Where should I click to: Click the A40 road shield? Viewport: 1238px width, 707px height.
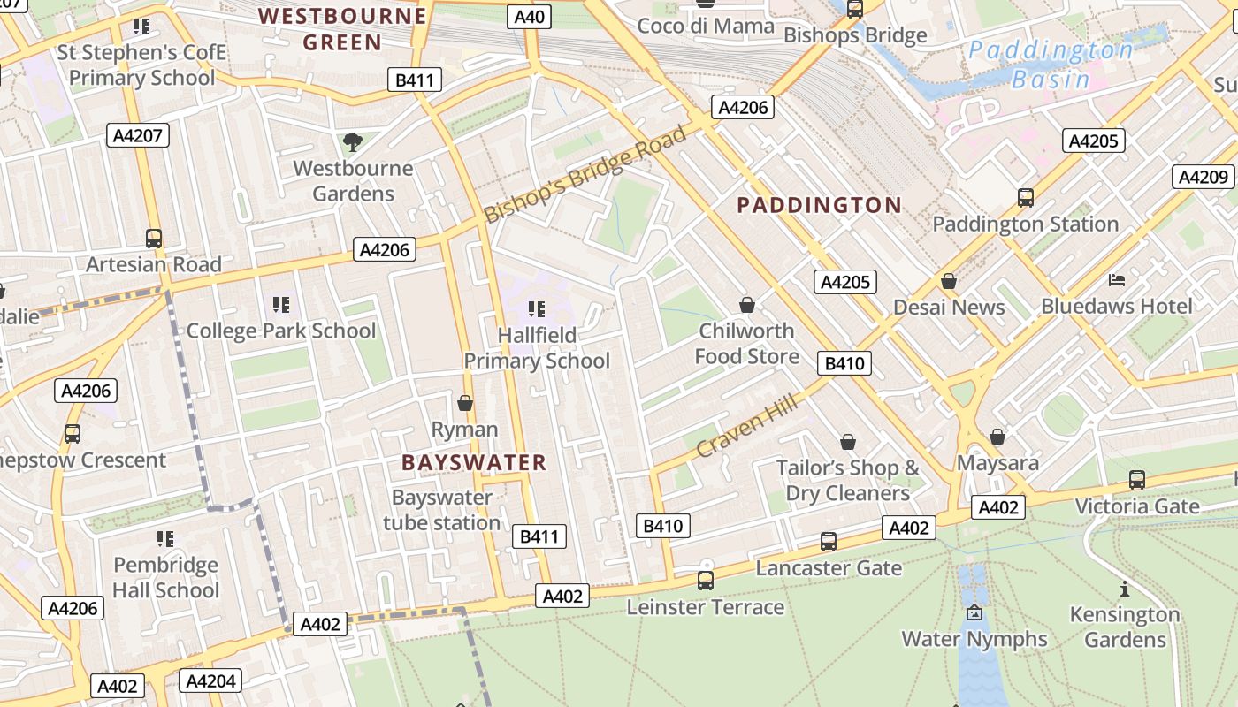click(x=530, y=17)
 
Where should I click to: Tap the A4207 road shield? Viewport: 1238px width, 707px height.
click(x=138, y=135)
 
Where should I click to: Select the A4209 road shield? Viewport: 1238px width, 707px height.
click(x=1204, y=177)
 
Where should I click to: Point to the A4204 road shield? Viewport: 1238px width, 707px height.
click(x=210, y=680)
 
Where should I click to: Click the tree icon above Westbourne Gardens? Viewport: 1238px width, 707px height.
click(x=352, y=142)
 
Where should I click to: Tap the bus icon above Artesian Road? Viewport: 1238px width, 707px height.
click(x=154, y=239)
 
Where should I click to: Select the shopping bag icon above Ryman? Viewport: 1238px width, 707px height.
click(x=464, y=404)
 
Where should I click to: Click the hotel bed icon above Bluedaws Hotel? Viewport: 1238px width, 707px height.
click(x=1117, y=280)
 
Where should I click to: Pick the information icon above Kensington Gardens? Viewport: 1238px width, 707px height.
click(x=1125, y=589)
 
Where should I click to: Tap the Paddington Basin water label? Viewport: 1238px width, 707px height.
click(x=1051, y=65)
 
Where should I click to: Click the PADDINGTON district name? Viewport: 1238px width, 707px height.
click(x=819, y=205)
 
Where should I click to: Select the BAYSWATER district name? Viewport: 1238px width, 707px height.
click(x=474, y=462)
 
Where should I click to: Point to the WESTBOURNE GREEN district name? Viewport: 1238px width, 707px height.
click(x=342, y=28)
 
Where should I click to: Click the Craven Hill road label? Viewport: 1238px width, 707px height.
click(x=746, y=426)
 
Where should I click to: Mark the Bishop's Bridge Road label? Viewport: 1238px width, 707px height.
click(x=585, y=174)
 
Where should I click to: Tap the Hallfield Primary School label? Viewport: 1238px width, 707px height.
click(x=537, y=347)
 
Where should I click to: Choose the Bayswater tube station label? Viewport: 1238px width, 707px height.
click(x=441, y=510)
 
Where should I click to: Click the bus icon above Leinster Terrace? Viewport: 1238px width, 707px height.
click(x=705, y=581)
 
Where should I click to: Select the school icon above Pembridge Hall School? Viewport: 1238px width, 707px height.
click(x=164, y=538)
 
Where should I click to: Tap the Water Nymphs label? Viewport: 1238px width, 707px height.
click(x=974, y=638)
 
